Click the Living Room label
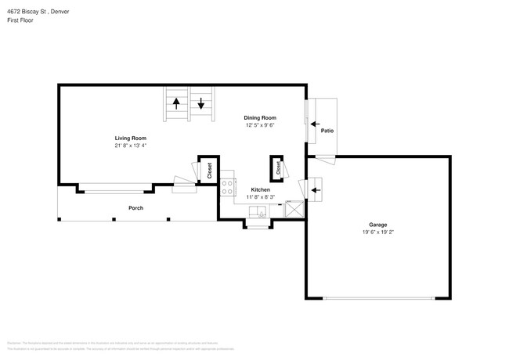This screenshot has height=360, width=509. [x=131, y=138]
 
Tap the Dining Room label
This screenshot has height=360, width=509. [x=260, y=118]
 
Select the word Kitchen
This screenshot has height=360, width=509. [x=261, y=190]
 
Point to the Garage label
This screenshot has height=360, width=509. [x=377, y=225]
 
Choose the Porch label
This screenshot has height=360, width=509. [x=135, y=208]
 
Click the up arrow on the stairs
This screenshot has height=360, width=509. [x=176, y=103]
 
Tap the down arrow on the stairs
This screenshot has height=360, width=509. [x=201, y=103]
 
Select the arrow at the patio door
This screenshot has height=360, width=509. [x=315, y=123]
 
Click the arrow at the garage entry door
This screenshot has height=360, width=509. [x=316, y=189]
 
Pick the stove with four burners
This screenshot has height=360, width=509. [x=229, y=187]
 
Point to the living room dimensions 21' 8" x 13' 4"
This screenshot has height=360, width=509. [x=131, y=146]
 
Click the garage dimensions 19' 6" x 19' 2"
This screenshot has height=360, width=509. [x=377, y=232]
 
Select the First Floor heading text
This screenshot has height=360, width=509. [x=20, y=21]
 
